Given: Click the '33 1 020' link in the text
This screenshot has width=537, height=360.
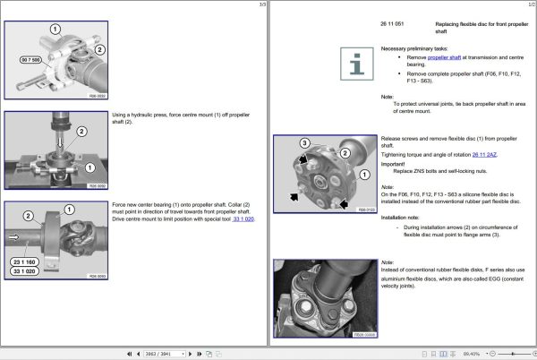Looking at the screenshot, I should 243,219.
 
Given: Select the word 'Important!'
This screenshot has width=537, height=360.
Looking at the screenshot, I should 395,162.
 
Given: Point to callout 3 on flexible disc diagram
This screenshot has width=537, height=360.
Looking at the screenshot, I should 304,143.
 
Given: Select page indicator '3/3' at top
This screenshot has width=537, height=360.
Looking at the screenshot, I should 261,4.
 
